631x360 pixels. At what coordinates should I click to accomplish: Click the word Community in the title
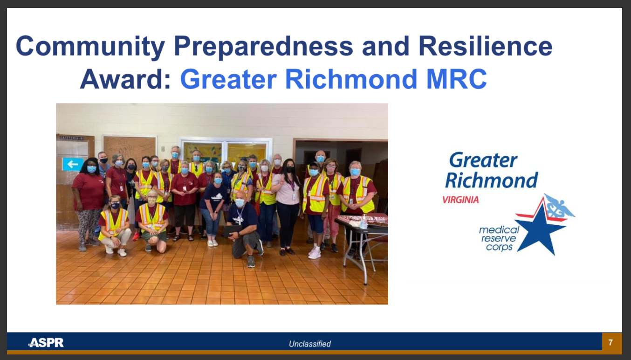(x=90, y=47)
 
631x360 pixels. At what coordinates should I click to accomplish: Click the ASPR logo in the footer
(x=46, y=343)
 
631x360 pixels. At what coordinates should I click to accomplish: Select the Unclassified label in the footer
(x=309, y=344)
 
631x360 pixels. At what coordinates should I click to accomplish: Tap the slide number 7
(x=610, y=343)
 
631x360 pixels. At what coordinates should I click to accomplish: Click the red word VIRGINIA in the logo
(x=460, y=200)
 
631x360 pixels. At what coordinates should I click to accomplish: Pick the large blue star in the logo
(x=541, y=228)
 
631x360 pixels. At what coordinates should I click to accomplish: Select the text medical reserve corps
(x=499, y=238)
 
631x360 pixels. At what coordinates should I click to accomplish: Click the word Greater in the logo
(x=483, y=160)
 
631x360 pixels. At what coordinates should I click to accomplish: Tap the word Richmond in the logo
(x=491, y=180)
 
